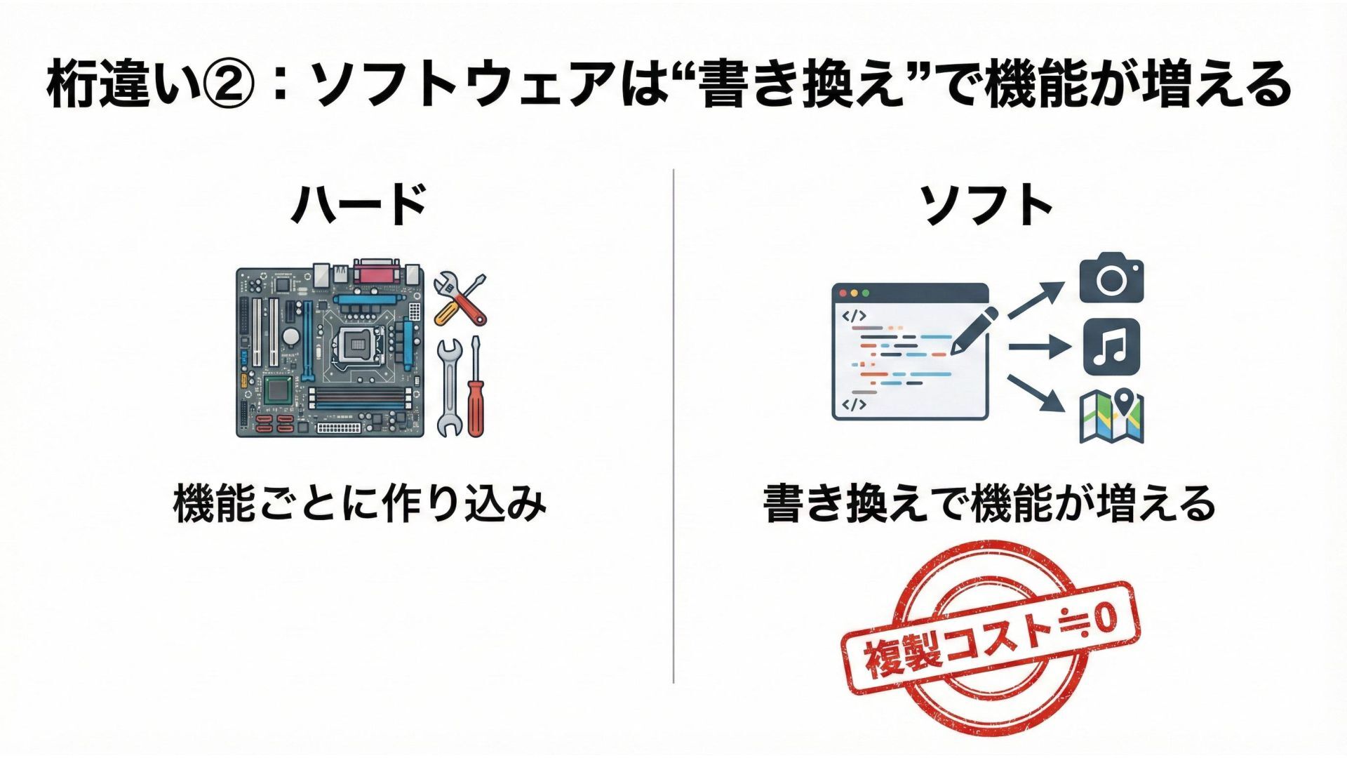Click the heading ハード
point(358,204)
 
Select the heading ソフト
point(988,204)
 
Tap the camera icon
point(1111,279)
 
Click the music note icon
point(1111,347)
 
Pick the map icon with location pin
point(1111,416)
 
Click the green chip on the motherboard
point(278,389)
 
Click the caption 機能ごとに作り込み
point(359,503)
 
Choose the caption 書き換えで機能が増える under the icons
point(989,503)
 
